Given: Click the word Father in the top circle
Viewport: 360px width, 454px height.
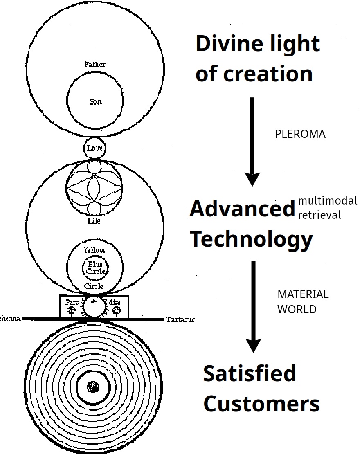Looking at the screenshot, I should pyautogui.click(x=95, y=65).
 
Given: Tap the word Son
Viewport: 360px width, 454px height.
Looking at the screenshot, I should pyautogui.click(x=95, y=101).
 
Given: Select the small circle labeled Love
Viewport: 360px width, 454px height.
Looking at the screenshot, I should pyautogui.click(x=94, y=148).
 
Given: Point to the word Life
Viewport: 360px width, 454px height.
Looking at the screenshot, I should pyautogui.click(x=94, y=221).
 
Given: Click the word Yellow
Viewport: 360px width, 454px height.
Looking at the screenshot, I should pyautogui.click(x=94, y=250).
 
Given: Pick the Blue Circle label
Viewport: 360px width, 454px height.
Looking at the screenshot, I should pyautogui.click(x=95, y=268).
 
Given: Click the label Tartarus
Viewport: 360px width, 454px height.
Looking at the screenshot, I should pyautogui.click(x=180, y=319).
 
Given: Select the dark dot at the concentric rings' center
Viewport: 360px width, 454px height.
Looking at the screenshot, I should pyautogui.click(x=94, y=387).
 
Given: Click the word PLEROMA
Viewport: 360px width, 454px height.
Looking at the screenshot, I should pyautogui.click(x=300, y=134).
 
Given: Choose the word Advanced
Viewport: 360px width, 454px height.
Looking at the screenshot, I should pyautogui.click(x=242, y=209).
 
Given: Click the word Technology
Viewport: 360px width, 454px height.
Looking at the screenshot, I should pyautogui.click(x=252, y=239).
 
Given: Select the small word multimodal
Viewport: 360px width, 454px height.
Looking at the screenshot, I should pyautogui.click(x=327, y=201).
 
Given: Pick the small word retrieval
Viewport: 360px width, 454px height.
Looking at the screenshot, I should pyautogui.click(x=319, y=215).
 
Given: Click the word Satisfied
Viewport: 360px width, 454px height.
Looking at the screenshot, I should pyautogui.click(x=250, y=373).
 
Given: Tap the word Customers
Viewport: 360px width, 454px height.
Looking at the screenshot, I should pyautogui.click(x=261, y=404).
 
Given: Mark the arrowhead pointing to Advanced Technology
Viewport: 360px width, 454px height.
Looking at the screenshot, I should pyautogui.click(x=252, y=179).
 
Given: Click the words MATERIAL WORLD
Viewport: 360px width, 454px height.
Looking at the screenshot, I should pyautogui.click(x=303, y=302).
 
